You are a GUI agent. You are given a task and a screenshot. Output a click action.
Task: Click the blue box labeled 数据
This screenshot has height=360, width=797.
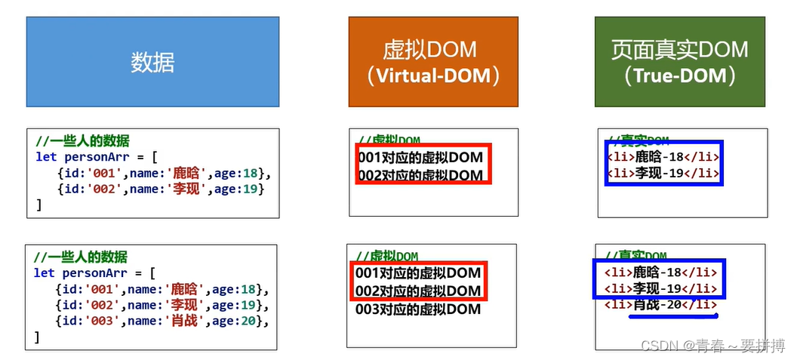[x=152, y=61]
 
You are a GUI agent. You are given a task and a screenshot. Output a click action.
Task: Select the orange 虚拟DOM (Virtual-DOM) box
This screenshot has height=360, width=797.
[x=432, y=61]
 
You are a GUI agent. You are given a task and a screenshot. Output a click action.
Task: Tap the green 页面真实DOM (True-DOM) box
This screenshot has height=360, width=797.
[x=679, y=61]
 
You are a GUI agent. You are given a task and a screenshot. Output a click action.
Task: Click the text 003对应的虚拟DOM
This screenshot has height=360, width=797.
[x=418, y=309]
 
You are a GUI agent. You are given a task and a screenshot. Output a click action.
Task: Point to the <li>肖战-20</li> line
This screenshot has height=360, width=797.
[x=661, y=305]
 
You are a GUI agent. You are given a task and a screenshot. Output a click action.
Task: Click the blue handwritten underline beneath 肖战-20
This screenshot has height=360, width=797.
[x=674, y=317]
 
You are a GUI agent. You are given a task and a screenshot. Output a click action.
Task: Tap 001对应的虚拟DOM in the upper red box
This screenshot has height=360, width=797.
[x=420, y=158]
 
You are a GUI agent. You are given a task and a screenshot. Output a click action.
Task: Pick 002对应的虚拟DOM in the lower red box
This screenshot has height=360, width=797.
[x=418, y=291]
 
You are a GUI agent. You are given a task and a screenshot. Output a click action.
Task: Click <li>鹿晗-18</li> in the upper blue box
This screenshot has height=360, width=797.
[x=663, y=157]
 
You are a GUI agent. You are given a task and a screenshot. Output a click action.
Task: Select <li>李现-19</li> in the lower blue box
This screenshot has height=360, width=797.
[x=661, y=288]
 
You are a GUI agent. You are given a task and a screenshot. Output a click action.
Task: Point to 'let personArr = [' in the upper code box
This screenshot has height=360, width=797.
[x=95, y=157]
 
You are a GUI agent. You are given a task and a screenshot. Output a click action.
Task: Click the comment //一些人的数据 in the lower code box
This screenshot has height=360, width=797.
[x=81, y=257]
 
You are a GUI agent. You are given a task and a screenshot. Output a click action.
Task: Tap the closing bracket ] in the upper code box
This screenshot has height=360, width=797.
[x=38, y=205]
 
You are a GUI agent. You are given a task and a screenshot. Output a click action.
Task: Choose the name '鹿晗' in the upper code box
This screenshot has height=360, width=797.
[x=186, y=173]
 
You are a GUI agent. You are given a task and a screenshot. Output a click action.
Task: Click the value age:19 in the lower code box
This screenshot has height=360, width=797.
[x=235, y=305]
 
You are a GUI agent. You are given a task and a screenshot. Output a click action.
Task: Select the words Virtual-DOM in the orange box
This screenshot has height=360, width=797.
[x=433, y=76]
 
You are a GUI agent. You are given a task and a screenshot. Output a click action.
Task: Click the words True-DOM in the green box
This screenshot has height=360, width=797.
[x=679, y=76]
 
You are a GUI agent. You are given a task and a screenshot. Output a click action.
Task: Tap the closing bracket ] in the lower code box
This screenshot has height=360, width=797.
[x=37, y=337]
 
